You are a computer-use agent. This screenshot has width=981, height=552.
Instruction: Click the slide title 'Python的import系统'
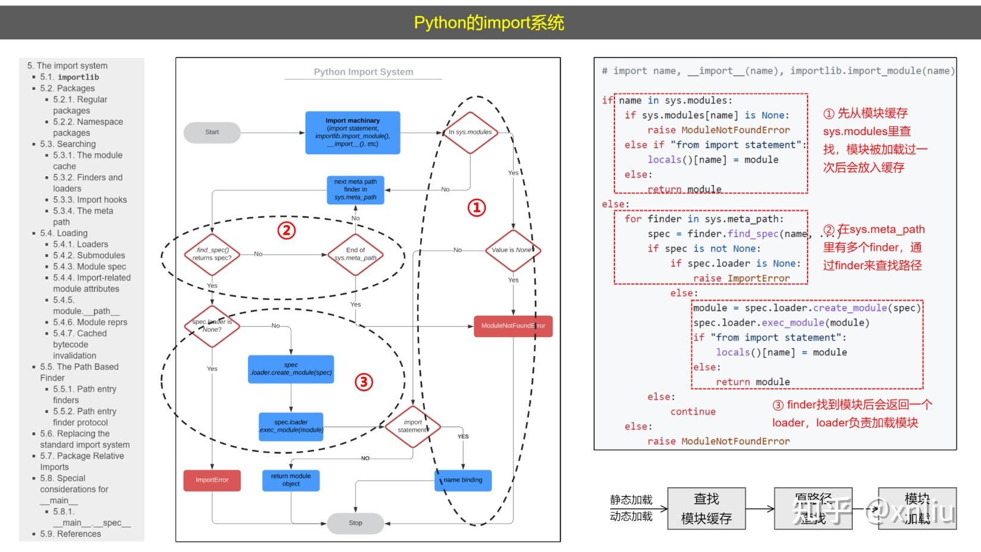pos(489,23)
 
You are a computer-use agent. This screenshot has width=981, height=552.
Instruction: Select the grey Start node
pos(212,132)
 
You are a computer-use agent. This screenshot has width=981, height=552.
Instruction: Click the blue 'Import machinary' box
pos(352,132)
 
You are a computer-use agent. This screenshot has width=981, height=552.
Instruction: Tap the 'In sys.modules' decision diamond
pos(470,132)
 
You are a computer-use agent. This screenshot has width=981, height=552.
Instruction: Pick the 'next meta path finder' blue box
pos(355,189)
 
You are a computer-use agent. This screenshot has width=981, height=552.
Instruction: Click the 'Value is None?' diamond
pos(513,250)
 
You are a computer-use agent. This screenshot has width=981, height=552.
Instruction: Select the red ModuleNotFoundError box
pos(513,326)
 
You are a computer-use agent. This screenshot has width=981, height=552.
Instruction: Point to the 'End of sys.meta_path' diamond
pos(355,254)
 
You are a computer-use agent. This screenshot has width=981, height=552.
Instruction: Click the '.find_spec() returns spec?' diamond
pos(212,254)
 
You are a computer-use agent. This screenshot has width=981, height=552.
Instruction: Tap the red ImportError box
pos(212,480)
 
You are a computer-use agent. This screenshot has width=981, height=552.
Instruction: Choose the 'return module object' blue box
pos(291,480)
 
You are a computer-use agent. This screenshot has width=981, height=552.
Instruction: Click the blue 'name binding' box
pos(463,480)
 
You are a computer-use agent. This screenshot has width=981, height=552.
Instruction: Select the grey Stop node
pos(355,523)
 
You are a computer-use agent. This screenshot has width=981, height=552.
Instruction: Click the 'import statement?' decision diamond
pos(412,426)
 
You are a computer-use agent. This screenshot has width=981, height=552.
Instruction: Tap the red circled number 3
pos(364,382)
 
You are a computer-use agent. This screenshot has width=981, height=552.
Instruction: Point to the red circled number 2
pos(287,230)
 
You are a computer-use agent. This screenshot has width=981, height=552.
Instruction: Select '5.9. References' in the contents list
pos(70,534)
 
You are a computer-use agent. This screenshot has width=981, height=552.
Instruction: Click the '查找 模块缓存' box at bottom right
pos(706,509)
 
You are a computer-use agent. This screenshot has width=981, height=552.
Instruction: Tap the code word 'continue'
pos(693,411)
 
